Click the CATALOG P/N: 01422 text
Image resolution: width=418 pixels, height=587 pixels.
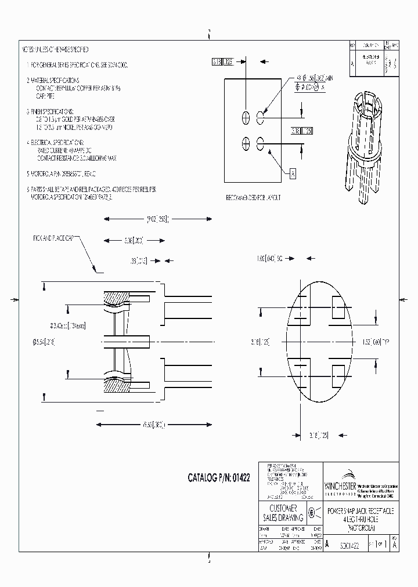tap(218, 479)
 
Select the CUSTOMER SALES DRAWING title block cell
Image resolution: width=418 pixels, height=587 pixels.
tap(284, 513)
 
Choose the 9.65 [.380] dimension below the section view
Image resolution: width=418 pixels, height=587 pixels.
tap(153, 425)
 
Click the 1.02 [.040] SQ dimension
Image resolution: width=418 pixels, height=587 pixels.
tap(271, 256)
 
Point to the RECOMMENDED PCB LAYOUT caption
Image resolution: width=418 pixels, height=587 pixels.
tap(253, 198)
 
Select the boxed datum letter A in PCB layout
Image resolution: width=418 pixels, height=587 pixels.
tap(293, 173)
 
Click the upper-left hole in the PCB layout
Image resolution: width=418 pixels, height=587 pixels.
tap(246, 117)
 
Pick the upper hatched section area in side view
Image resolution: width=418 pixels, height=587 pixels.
tap(118, 299)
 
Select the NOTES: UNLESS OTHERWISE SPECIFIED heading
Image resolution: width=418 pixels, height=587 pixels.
tap(55, 50)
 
